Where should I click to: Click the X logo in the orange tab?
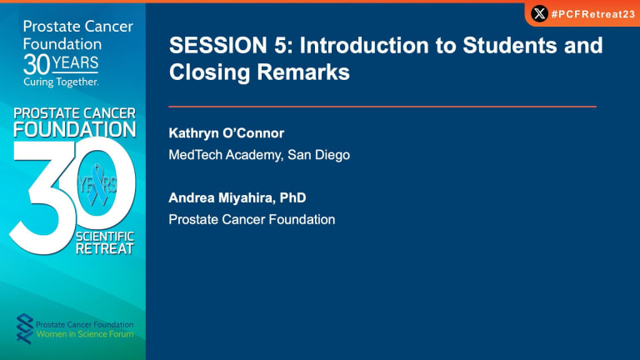click(539, 13)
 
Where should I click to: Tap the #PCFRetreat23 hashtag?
click(593, 14)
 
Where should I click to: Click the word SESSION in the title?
click(218, 45)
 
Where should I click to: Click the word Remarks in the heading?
click(303, 72)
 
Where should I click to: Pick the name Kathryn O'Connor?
click(226, 133)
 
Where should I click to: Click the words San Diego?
click(318, 155)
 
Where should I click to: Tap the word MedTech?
click(195, 155)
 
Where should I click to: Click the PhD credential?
click(292, 197)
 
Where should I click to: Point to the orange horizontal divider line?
click(382, 107)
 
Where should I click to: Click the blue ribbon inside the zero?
click(97, 184)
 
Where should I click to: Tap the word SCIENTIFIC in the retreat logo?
click(105, 237)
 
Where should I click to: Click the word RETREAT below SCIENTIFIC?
click(105, 248)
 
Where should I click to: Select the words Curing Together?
click(61, 82)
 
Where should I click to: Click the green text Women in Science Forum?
click(85, 334)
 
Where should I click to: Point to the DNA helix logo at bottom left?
click(24, 328)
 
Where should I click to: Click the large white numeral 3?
click(42, 196)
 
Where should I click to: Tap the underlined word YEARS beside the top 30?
click(75, 62)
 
